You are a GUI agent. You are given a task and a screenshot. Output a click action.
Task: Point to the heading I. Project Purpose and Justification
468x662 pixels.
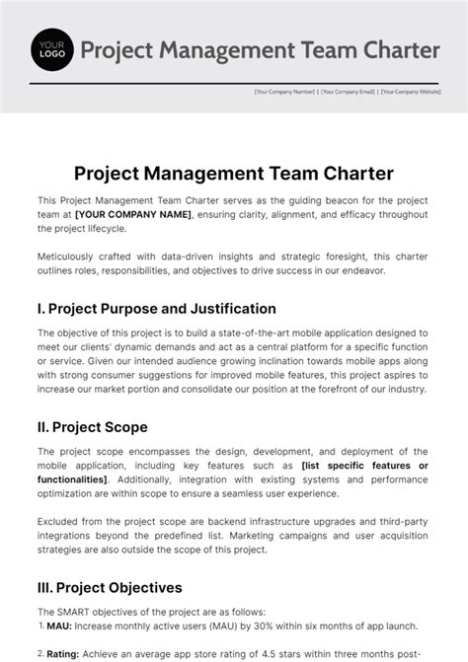click(x=156, y=309)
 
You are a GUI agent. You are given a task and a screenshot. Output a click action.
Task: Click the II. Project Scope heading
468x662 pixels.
click(x=92, y=427)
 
